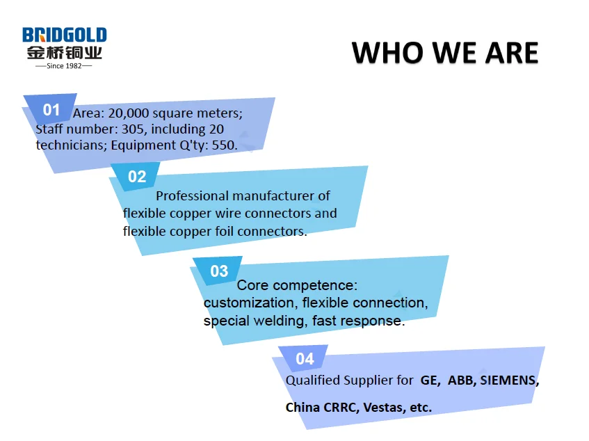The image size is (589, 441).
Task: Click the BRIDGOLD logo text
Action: click(64, 35)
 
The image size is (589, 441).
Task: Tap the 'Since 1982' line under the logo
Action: click(64, 66)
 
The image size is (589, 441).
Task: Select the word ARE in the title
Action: click(512, 53)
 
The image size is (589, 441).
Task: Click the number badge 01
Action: click(51, 110)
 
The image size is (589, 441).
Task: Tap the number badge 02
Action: click(137, 177)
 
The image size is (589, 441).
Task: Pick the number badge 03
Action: click(219, 271)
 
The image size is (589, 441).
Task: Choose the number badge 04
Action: click(305, 359)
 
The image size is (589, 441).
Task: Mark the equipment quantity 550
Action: click(224, 145)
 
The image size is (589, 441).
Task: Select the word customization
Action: click(249, 303)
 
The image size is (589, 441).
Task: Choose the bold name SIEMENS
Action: click(510, 380)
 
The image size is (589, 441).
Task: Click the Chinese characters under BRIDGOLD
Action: click(64, 53)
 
